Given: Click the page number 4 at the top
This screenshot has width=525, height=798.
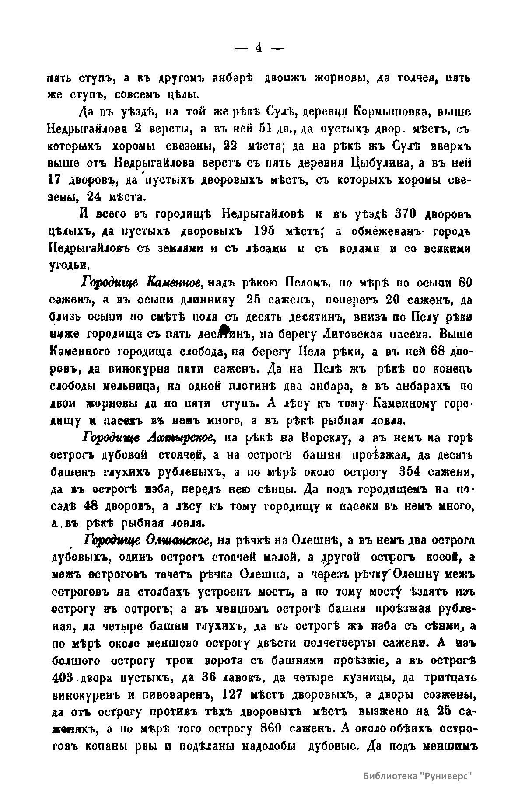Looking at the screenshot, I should click(259, 49).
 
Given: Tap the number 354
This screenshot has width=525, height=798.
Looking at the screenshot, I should click(413, 472).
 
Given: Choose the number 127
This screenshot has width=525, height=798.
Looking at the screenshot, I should click(235, 695).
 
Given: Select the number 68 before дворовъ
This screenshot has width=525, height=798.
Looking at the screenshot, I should click(439, 352).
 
